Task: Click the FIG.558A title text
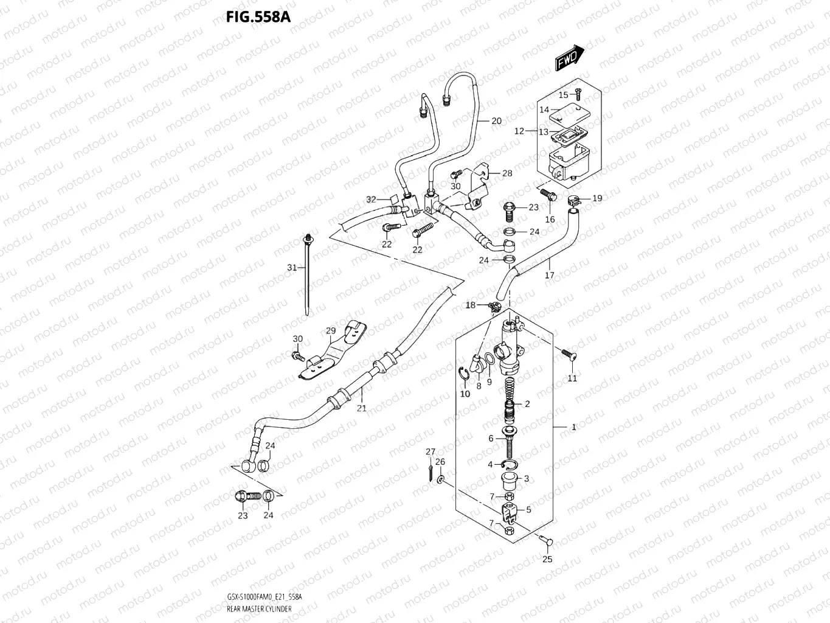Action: tap(258, 17)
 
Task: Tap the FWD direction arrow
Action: tap(569, 58)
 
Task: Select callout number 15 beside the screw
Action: tap(563, 95)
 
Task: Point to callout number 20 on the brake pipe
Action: tap(496, 121)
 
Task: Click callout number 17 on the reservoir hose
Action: tap(550, 276)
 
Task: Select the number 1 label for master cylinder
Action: tap(573, 428)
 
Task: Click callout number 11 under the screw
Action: tap(572, 378)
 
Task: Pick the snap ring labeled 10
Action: tap(462, 378)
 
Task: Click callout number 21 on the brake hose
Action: tap(361, 408)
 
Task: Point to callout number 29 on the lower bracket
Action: tap(330, 331)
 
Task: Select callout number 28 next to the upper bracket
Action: tap(507, 173)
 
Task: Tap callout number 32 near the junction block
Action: tap(371, 200)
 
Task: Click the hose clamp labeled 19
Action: tap(573, 199)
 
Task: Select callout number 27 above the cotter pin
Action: tap(430, 451)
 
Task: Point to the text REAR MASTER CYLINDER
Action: tap(258, 608)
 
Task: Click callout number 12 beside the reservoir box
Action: tap(519, 131)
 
